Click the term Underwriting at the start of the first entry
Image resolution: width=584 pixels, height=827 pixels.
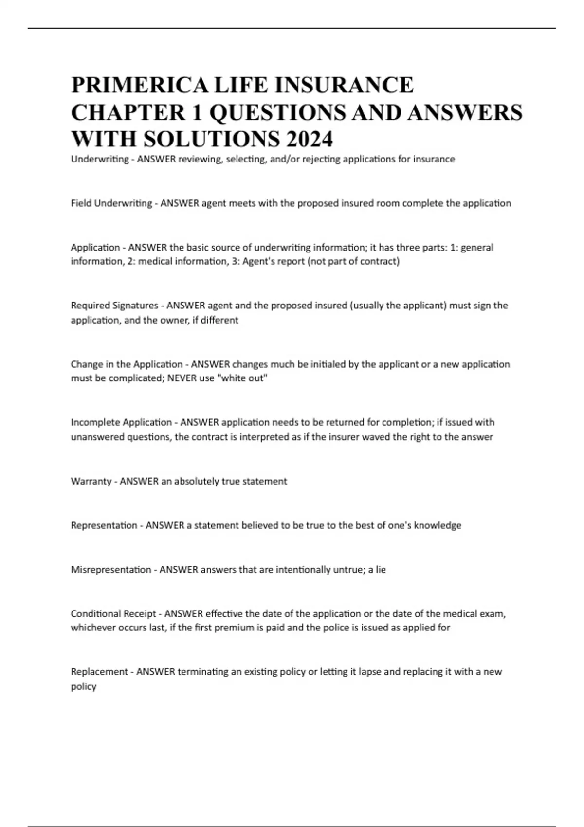pyautogui.click(x=100, y=159)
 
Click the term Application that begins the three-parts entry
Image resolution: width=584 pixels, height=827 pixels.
pyautogui.click(x=95, y=247)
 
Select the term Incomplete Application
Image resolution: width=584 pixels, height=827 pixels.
pyautogui.click(x=121, y=422)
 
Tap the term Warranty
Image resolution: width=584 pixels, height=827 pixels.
pyautogui.click(x=91, y=481)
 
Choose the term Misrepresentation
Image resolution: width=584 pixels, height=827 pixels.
pyautogui.click(x=111, y=570)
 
